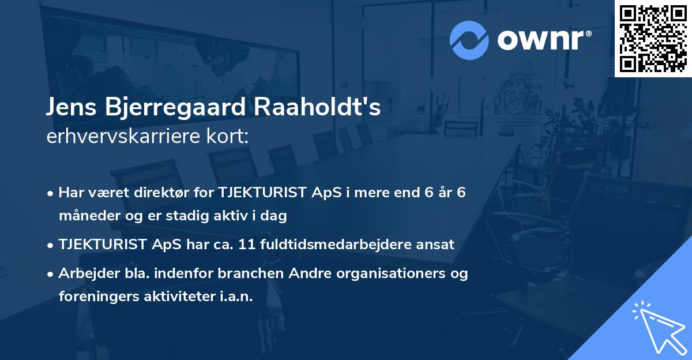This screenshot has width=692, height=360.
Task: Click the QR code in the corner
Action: [653, 38]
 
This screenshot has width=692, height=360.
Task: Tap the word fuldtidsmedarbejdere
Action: [346, 245]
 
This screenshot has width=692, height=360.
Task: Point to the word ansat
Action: [438, 245]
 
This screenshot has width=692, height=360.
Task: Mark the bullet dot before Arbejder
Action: [51, 274]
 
